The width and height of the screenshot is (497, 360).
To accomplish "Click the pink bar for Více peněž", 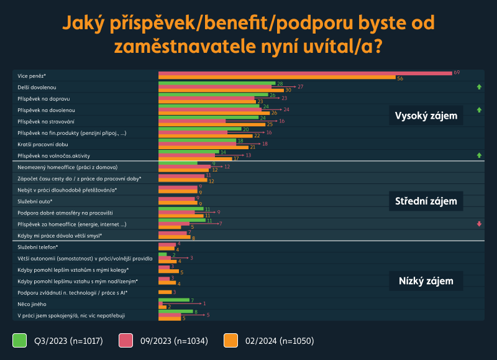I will (304, 73).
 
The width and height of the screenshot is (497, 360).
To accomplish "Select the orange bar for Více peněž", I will (276, 78).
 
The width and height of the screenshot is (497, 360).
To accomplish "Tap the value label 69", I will (457, 73).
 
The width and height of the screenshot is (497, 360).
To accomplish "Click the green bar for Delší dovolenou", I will (216, 83).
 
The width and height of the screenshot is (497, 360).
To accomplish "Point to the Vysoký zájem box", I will (426, 116).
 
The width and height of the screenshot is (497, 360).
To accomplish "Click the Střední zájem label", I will (426, 201).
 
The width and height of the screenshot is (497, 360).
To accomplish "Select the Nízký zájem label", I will (426, 281).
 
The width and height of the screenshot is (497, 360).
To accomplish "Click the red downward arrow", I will (479, 224).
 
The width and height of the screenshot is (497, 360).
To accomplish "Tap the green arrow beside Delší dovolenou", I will (479, 88).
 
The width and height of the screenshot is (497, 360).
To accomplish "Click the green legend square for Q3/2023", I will (19, 340).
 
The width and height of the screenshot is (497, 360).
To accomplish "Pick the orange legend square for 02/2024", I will (231, 340).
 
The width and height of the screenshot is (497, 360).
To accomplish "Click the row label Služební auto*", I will (35, 201).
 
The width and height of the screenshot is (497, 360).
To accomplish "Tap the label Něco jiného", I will (32, 304).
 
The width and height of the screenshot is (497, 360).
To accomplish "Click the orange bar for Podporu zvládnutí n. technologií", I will (165, 292).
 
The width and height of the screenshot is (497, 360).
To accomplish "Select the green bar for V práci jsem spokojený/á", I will (176, 312).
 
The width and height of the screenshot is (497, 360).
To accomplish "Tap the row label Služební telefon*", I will (38, 247).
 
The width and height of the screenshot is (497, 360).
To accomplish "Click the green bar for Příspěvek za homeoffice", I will (181, 219).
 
